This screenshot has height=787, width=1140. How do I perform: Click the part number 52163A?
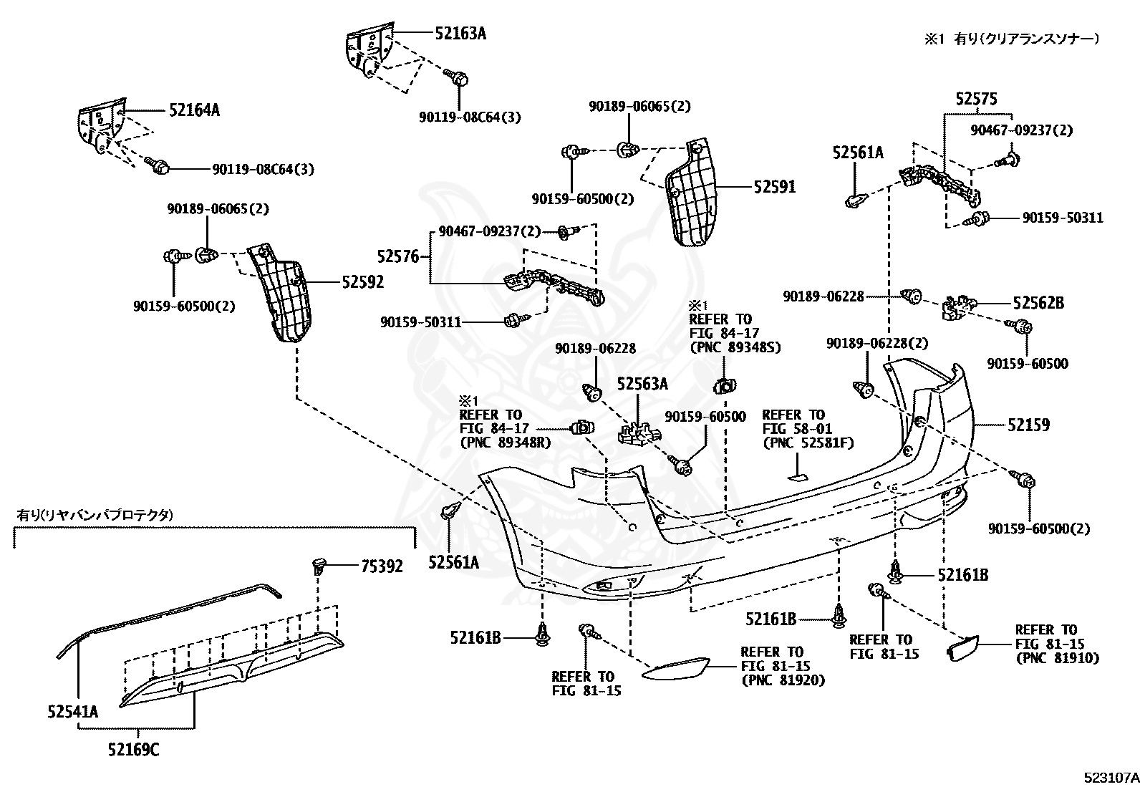click(460, 32)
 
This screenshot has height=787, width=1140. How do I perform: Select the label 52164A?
click(194, 110)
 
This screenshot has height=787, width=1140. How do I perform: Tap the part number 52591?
click(774, 187)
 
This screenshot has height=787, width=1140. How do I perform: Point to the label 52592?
click(362, 282)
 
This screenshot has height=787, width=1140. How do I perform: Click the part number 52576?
click(397, 256)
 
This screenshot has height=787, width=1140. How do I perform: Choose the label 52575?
click(976, 100)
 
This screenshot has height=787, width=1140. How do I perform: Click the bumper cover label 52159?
click(1028, 425)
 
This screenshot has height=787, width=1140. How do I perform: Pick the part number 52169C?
click(134, 750)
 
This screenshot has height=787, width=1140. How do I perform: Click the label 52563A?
click(642, 384)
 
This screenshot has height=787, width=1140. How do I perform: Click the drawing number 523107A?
click(1109, 777)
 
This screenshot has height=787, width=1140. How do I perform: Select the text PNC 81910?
click(1056, 657)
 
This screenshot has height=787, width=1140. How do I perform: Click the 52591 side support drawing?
click(694, 195)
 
